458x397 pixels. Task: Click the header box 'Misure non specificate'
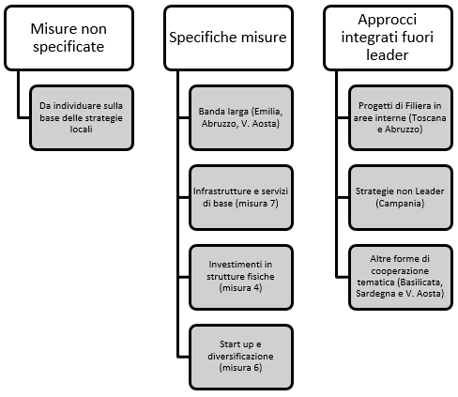pos(69,38)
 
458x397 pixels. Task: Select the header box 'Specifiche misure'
pos(229,38)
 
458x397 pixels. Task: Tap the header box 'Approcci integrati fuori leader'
pos(389,38)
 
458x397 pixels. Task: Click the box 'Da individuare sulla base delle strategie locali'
pos(82,117)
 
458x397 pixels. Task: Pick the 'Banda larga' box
pos(241,117)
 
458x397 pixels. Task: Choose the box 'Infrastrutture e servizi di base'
pos(241,198)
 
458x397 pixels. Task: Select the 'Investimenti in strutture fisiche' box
pos(241,278)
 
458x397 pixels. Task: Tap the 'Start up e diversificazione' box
pos(241,358)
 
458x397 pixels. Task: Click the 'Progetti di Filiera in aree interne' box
pos(401,117)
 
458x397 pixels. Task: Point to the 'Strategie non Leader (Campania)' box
pos(401,198)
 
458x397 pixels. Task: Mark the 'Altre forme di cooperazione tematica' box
pos(401,278)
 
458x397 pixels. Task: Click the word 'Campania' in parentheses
pos(400,204)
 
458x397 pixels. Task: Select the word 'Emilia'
pos(268,112)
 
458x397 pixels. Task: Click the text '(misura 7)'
pos(257,204)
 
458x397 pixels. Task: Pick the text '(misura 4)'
pos(240,288)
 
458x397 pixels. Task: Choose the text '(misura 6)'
pos(240,368)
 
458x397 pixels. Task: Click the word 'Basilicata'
pos(420,282)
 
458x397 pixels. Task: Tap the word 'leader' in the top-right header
pos(388,55)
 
